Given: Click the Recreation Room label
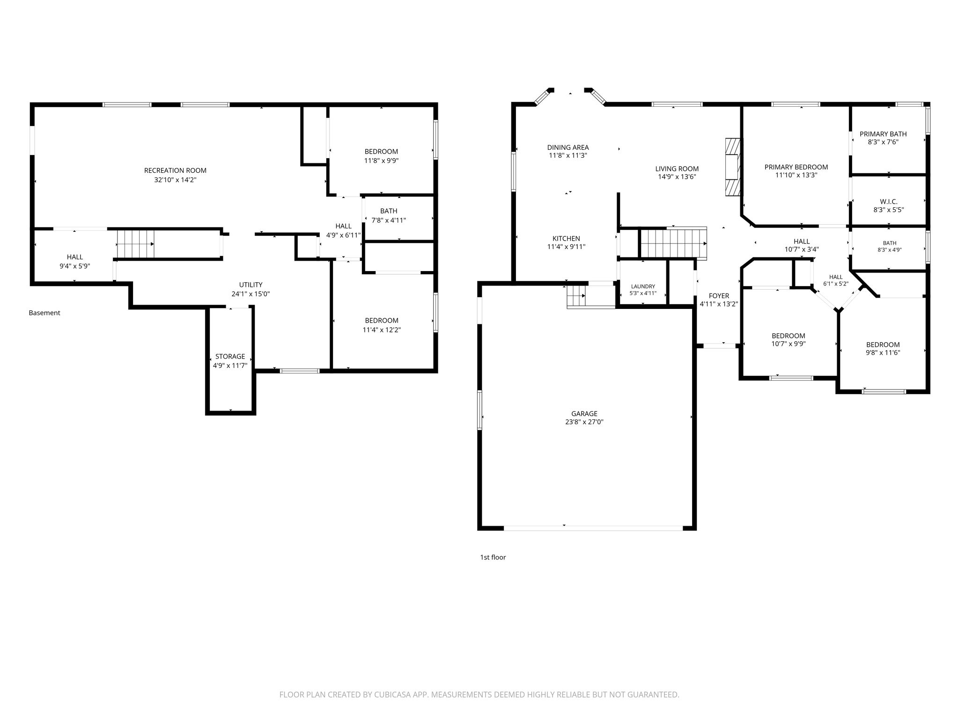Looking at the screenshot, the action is (175, 170).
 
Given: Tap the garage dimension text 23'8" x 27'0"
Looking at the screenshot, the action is (584, 422).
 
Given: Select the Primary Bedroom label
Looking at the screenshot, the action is (796, 167).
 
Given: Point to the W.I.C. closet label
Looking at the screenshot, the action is (888, 202).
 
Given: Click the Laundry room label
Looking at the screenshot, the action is (643, 286).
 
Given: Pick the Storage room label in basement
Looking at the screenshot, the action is (230, 357).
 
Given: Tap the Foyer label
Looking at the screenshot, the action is (719, 296).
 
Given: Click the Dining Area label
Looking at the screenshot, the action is (568, 147).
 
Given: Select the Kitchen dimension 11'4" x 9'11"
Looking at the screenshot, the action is (566, 247).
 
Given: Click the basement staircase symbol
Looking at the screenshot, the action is (135, 243).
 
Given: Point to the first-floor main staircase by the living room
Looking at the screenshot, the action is (673, 242).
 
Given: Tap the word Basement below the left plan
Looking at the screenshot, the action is (44, 313).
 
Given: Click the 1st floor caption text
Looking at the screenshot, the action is (493, 557).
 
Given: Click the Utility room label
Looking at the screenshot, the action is (251, 285).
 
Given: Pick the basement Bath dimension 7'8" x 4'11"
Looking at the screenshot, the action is (389, 220).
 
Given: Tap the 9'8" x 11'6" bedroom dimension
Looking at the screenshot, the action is (883, 353).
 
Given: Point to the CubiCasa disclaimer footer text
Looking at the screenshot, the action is (479, 695).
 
